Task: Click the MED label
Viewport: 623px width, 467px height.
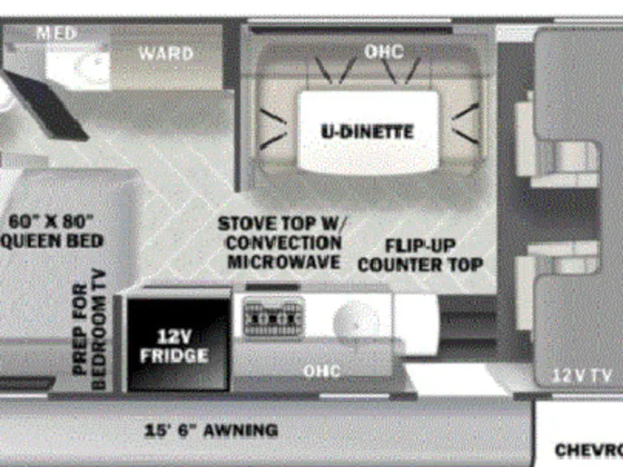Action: pyautogui.click(x=57, y=34)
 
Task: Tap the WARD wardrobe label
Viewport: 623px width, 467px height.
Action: pyautogui.click(x=165, y=54)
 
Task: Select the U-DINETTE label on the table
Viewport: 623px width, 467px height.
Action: pyautogui.click(x=367, y=131)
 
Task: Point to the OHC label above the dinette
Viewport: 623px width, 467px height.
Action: pyautogui.click(x=383, y=52)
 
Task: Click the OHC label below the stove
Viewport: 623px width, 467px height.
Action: pyautogui.click(x=322, y=371)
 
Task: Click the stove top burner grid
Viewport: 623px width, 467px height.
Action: pyautogui.click(x=273, y=316)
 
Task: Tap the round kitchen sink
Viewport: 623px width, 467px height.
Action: pyautogui.click(x=355, y=319)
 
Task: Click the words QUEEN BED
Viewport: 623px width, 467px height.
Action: pyautogui.click(x=54, y=241)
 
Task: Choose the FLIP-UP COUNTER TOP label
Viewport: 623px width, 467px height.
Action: pyautogui.click(x=420, y=255)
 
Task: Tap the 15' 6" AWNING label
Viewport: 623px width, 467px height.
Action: pyautogui.click(x=211, y=431)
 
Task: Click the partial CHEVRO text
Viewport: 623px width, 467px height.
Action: pyautogui.click(x=587, y=448)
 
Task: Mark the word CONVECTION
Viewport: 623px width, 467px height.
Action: pyautogui.click(x=283, y=242)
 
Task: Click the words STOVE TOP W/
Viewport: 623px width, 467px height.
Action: pyautogui.click(x=280, y=223)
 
